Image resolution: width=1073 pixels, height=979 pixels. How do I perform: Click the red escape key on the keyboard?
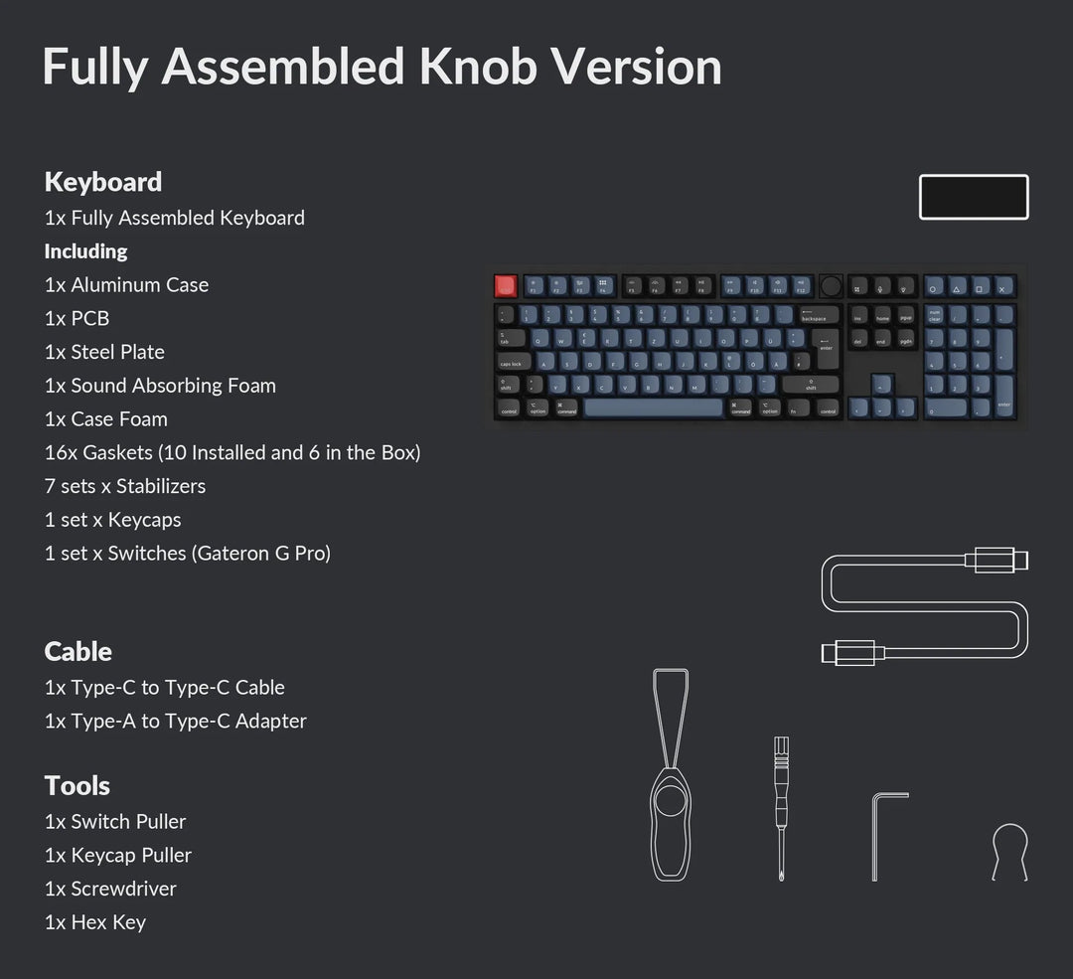pyautogui.click(x=507, y=286)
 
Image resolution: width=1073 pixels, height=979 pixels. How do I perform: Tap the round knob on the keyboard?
pyautogui.click(x=831, y=286)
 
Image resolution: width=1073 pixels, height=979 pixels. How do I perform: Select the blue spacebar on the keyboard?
pyautogui.click(x=653, y=408)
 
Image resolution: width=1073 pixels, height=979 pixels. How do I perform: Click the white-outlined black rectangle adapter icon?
pyautogui.click(x=974, y=197)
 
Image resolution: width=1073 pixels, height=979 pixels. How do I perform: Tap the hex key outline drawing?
pyautogui.click(x=886, y=835)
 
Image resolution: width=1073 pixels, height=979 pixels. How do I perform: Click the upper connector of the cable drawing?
pyautogui.click(x=996, y=561)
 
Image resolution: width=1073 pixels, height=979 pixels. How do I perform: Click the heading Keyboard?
pyautogui.click(x=103, y=182)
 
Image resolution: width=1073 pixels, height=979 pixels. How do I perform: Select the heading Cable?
pyautogui.click(x=78, y=652)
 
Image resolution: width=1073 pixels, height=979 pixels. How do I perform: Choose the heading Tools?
pyautogui.click(x=77, y=786)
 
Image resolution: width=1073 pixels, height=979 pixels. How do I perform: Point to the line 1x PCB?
pyautogui.click(x=77, y=319)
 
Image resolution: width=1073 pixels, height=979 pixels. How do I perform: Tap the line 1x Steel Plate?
pyautogui.click(x=104, y=352)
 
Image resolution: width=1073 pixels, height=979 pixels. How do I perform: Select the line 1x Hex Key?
pyautogui.click(x=95, y=922)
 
